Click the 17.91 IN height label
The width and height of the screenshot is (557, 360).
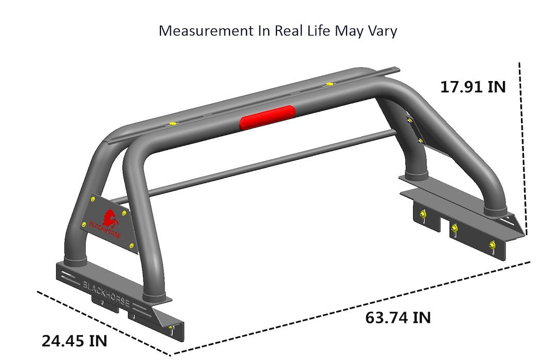coord(473,86)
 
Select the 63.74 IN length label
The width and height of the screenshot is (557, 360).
coord(398,317)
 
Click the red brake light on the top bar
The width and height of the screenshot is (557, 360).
coord(267,117)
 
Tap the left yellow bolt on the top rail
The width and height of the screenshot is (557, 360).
coord(172,124)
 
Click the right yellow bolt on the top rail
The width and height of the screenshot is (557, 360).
coord(329,84)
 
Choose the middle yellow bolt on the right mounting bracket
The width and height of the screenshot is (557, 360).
coord(454,229)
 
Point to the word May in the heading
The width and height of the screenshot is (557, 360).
coord(348,30)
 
